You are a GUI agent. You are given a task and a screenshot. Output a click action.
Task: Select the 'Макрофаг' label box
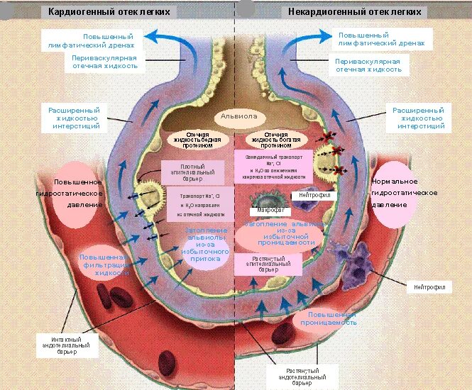[x=263, y=211]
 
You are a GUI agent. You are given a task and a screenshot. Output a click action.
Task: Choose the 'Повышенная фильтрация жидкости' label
[x=104, y=264]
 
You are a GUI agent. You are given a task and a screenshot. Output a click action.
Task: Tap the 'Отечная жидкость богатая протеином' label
[x=275, y=139]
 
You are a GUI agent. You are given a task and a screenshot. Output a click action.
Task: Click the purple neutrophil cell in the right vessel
[x=363, y=261]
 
